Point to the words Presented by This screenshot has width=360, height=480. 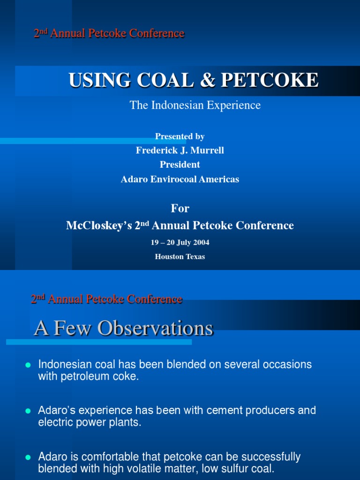coord(180,136)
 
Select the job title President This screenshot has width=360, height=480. coord(180,165)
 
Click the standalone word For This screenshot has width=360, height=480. coord(180,208)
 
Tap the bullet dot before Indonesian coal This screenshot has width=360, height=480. coord(28,365)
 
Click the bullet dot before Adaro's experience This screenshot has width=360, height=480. coord(28,411)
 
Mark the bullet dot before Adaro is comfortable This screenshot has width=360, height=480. coord(28,457)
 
